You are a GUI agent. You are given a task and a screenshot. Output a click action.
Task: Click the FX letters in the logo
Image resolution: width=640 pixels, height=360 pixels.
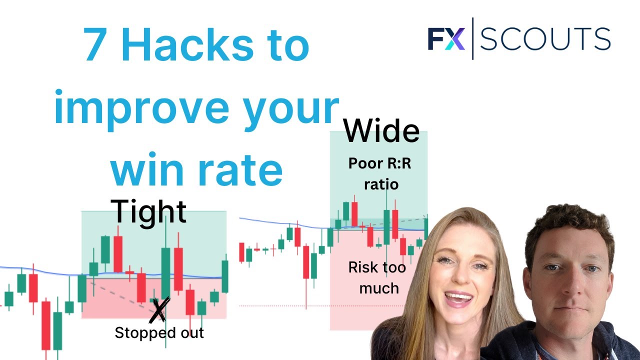(446, 38)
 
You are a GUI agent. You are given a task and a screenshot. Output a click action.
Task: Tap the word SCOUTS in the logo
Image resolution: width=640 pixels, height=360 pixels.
(545, 39)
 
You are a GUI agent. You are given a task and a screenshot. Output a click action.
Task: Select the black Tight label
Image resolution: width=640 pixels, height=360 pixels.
(148, 211)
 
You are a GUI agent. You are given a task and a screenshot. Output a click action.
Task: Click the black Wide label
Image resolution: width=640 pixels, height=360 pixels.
(381, 131)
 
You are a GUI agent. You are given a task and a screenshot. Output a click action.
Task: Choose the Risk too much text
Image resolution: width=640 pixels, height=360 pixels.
(377, 278)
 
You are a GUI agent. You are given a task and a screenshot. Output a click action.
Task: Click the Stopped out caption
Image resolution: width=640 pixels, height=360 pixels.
(159, 333)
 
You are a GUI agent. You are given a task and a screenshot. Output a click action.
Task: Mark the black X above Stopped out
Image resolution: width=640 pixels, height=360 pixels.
(159, 309)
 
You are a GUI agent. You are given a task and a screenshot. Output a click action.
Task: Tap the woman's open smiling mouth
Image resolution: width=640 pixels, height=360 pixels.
(458, 299)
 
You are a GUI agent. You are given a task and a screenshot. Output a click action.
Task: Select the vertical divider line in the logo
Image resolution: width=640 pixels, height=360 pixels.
(472, 38)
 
